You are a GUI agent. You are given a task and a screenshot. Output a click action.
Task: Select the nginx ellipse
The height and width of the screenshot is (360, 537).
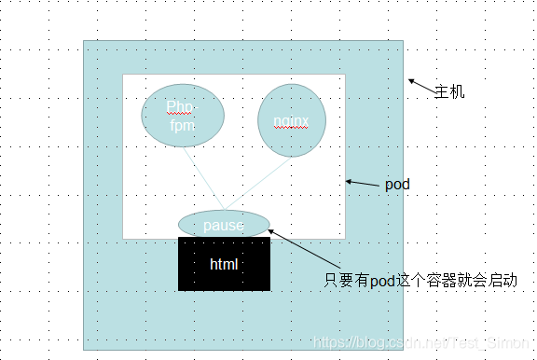pyautogui.click(x=291, y=120)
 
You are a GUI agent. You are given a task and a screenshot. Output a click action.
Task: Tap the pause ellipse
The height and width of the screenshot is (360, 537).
pyautogui.click(x=224, y=225)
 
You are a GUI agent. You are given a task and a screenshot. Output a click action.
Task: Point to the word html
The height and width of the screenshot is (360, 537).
pyautogui.click(x=224, y=265)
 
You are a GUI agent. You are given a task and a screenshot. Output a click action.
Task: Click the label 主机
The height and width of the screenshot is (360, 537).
pyautogui.click(x=449, y=92)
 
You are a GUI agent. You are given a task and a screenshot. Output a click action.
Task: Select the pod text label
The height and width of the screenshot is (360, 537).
pyautogui.click(x=397, y=185)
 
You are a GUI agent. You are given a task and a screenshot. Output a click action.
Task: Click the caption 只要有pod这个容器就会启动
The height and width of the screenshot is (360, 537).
pyautogui.click(x=420, y=280)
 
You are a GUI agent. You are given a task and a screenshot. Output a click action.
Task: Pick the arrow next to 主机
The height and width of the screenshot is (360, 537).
pyautogui.click(x=420, y=86)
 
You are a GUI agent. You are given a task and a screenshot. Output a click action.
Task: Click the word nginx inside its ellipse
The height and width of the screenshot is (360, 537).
pyautogui.click(x=291, y=121)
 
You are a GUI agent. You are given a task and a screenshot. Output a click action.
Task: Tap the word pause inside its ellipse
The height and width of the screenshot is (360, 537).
pyautogui.click(x=223, y=226)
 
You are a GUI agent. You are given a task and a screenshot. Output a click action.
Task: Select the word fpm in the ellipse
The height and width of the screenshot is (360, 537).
pyautogui.click(x=181, y=124)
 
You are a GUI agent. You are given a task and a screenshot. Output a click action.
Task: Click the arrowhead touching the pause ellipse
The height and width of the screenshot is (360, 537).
pyautogui.click(x=271, y=229)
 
